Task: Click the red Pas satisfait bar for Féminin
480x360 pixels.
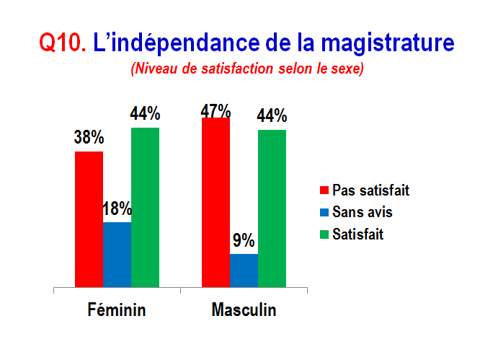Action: click(89, 219)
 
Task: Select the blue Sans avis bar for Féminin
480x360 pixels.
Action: click(117, 255)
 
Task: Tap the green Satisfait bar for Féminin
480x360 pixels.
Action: click(145, 208)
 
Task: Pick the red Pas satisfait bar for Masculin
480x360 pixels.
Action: click(215, 202)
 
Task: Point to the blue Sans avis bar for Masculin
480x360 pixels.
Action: click(244, 271)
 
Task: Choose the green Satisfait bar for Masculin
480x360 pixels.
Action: click(272, 208)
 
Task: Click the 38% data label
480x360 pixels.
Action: click(89, 137)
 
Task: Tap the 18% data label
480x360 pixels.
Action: click(117, 208)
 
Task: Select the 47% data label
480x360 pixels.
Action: click(215, 110)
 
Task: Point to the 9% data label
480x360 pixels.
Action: click(244, 240)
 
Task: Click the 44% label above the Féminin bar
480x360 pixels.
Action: click(145, 113)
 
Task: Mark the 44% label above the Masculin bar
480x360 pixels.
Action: click(272, 115)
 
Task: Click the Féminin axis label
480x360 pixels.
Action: click(117, 309)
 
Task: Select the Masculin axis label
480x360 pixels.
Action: click(244, 309)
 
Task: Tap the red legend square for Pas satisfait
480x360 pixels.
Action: click(324, 190)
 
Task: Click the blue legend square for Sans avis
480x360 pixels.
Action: click(324, 212)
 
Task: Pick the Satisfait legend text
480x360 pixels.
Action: click(358, 234)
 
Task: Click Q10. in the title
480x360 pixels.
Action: click(63, 43)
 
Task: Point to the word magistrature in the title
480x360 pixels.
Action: click(388, 43)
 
